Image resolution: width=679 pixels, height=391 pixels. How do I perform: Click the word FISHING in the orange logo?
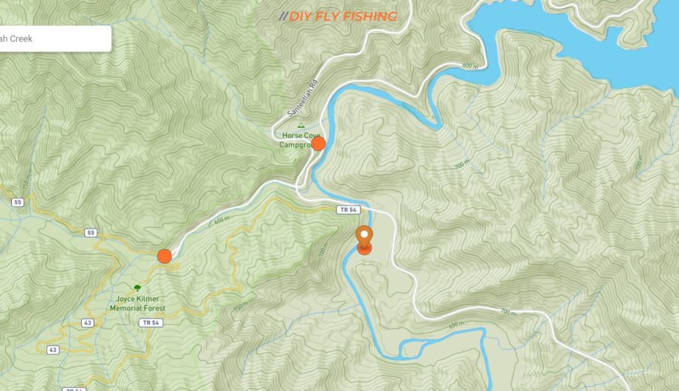click(x=370, y=16)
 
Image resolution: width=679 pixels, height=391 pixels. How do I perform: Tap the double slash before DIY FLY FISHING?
click(x=283, y=16)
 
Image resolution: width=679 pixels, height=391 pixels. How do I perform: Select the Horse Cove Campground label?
click(x=299, y=140)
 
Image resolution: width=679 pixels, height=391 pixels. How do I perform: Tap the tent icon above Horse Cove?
click(x=301, y=126)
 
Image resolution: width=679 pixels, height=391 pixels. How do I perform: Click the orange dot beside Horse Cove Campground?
click(x=318, y=144)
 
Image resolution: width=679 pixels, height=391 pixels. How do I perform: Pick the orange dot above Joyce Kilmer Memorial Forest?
click(x=164, y=256)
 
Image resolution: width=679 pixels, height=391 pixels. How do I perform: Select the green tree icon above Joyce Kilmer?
click(x=137, y=287)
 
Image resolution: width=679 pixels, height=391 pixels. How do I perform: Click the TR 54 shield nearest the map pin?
click(x=348, y=210)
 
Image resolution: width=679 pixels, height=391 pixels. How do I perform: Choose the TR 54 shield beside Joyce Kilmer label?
click(x=150, y=323)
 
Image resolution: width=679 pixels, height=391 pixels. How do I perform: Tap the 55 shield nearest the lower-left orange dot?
click(x=91, y=233)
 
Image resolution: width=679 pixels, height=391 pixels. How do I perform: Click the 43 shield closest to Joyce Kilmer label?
click(x=88, y=323)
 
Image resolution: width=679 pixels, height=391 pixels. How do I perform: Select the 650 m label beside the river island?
click(x=456, y=324)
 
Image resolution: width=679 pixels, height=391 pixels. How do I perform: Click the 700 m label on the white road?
click(x=509, y=312)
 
